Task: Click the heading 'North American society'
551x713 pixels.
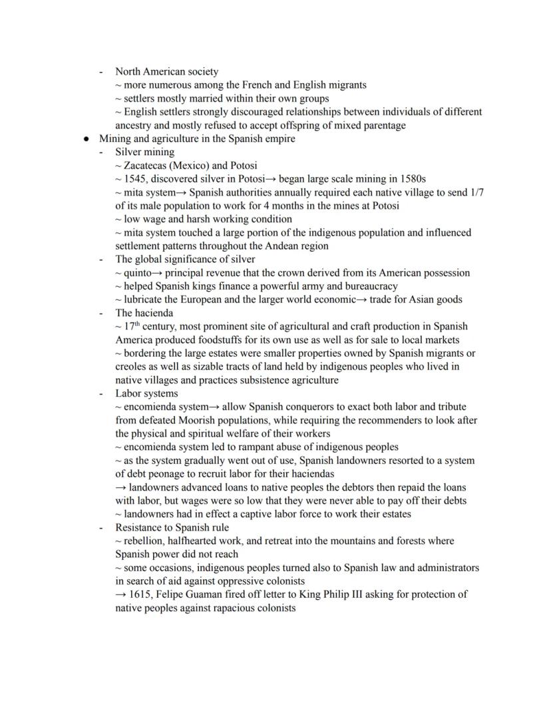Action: pyautogui.click(x=166, y=71)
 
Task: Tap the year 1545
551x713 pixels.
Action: pyautogui.click(x=136, y=178)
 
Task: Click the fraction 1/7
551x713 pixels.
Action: pyautogui.click(x=476, y=192)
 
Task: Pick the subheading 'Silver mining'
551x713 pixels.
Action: pyautogui.click(x=145, y=152)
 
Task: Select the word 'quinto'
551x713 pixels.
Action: pyautogui.click(x=138, y=272)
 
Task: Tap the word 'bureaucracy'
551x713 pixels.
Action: pyautogui.click(x=369, y=286)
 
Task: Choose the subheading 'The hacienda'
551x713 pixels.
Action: pyautogui.click(x=144, y=312)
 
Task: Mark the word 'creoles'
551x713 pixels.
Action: pyautogui.click(x=132, y=366)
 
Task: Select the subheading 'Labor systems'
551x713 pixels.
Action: pyautogui.click(x=146, y=393)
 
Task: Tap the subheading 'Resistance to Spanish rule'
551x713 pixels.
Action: pyautogui.click(x=172, y=527)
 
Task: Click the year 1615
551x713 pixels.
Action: pyautogui.click(x=142, y=594)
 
